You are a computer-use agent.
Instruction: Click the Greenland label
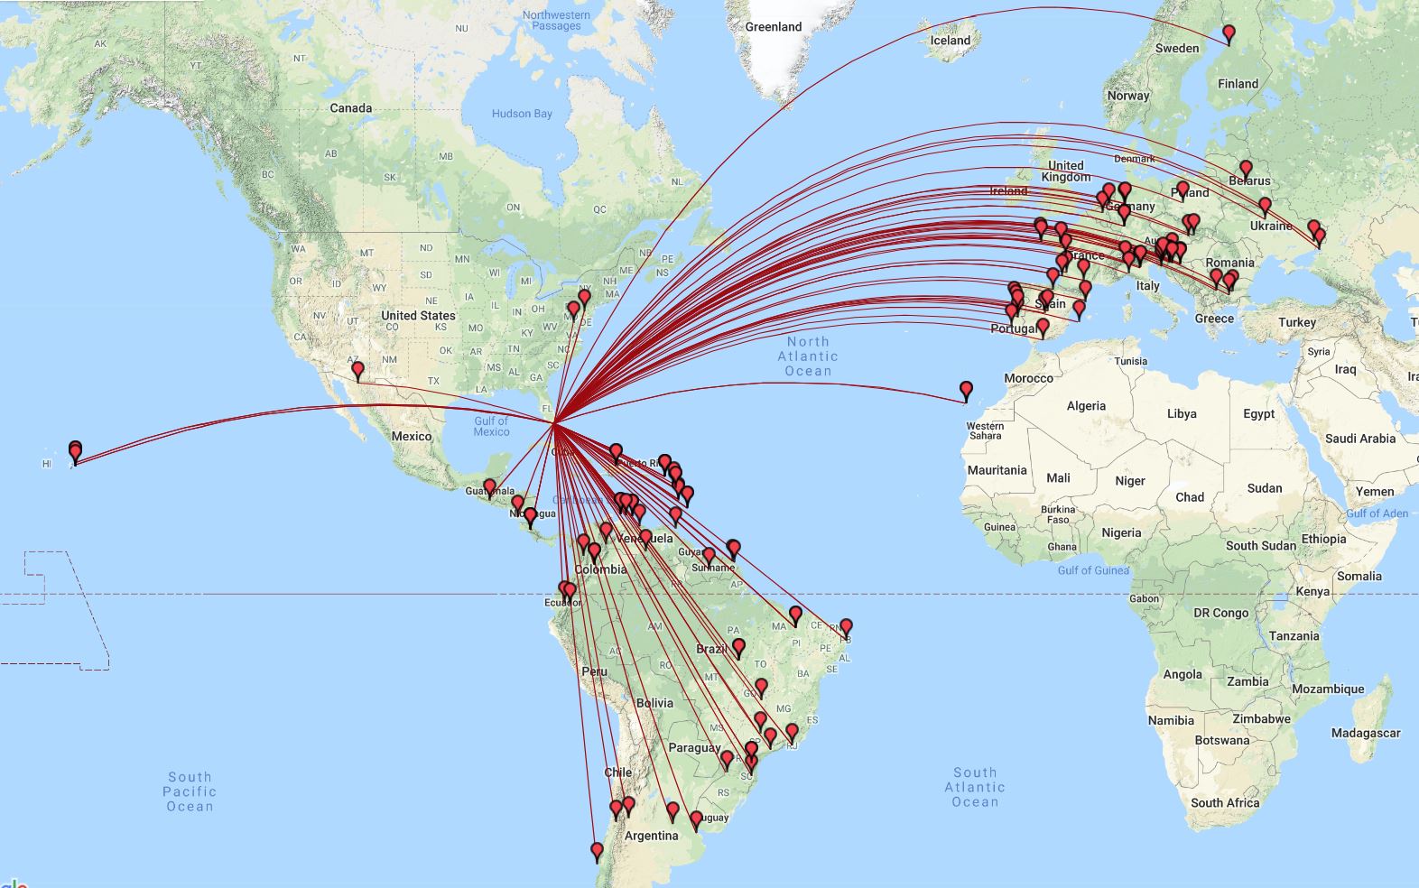773,27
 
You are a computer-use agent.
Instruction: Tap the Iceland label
950,41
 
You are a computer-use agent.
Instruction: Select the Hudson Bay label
522,114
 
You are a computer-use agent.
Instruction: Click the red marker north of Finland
1229,34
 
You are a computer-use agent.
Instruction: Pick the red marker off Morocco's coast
966,390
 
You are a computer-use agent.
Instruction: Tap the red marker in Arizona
357,369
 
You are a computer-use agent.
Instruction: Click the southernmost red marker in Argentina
597,850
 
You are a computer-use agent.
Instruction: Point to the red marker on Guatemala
489,487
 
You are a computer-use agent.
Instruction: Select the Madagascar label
1365,733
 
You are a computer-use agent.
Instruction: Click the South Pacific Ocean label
190,791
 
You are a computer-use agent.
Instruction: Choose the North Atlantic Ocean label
808,356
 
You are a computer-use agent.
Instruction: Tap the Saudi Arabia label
1359,439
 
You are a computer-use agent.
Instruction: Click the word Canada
350,108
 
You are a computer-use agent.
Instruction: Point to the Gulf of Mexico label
491,426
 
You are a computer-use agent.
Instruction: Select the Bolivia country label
654,703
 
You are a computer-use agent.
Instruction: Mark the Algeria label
1085,406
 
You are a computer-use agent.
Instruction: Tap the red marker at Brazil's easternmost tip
846,626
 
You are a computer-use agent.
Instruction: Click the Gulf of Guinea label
1092,570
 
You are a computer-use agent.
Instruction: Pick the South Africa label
1224,802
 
